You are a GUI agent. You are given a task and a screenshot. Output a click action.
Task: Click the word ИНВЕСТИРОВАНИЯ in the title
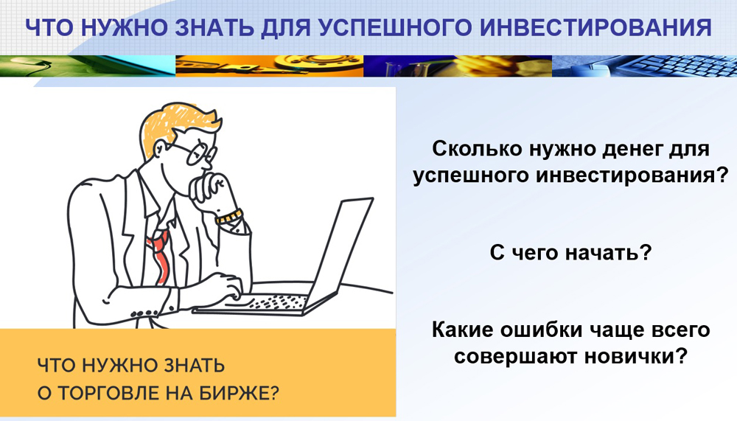click(x=598, y=28)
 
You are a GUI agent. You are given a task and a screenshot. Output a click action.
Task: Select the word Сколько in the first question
click(x=477, y=149)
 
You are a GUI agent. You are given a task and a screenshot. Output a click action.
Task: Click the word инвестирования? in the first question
click(x=632, y=176)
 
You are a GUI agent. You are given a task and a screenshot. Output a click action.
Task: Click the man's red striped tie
click(x=158, y=257)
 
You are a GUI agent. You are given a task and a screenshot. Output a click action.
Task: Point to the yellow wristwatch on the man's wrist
click(x=229, y=217)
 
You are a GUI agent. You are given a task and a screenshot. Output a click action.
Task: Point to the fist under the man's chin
click(x=210, y=188)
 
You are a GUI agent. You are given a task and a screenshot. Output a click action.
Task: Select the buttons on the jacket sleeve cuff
click(x=144, y=313)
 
